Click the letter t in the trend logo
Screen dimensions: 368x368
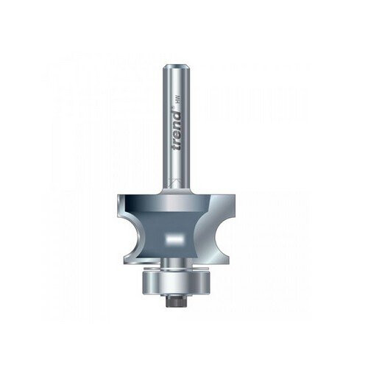177,146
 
